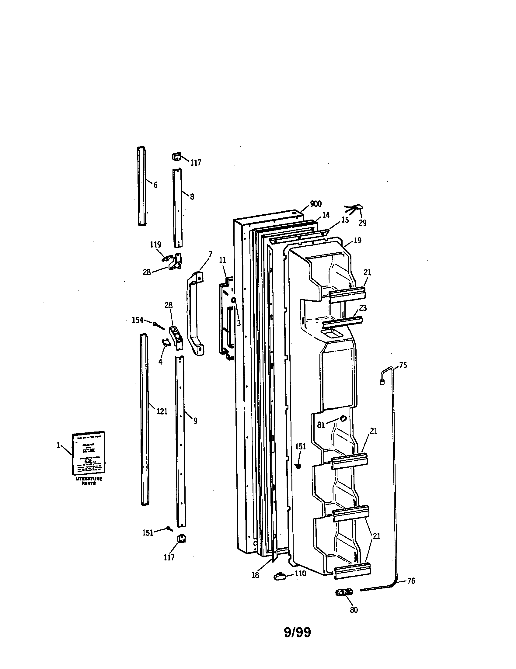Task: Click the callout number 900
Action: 316,204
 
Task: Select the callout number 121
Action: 162,411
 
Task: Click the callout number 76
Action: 412,581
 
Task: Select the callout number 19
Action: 357,241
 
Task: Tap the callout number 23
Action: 363,307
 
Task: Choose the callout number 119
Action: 155,244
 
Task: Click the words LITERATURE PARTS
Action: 89,481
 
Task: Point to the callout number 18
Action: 255,575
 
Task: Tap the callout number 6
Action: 155,185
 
